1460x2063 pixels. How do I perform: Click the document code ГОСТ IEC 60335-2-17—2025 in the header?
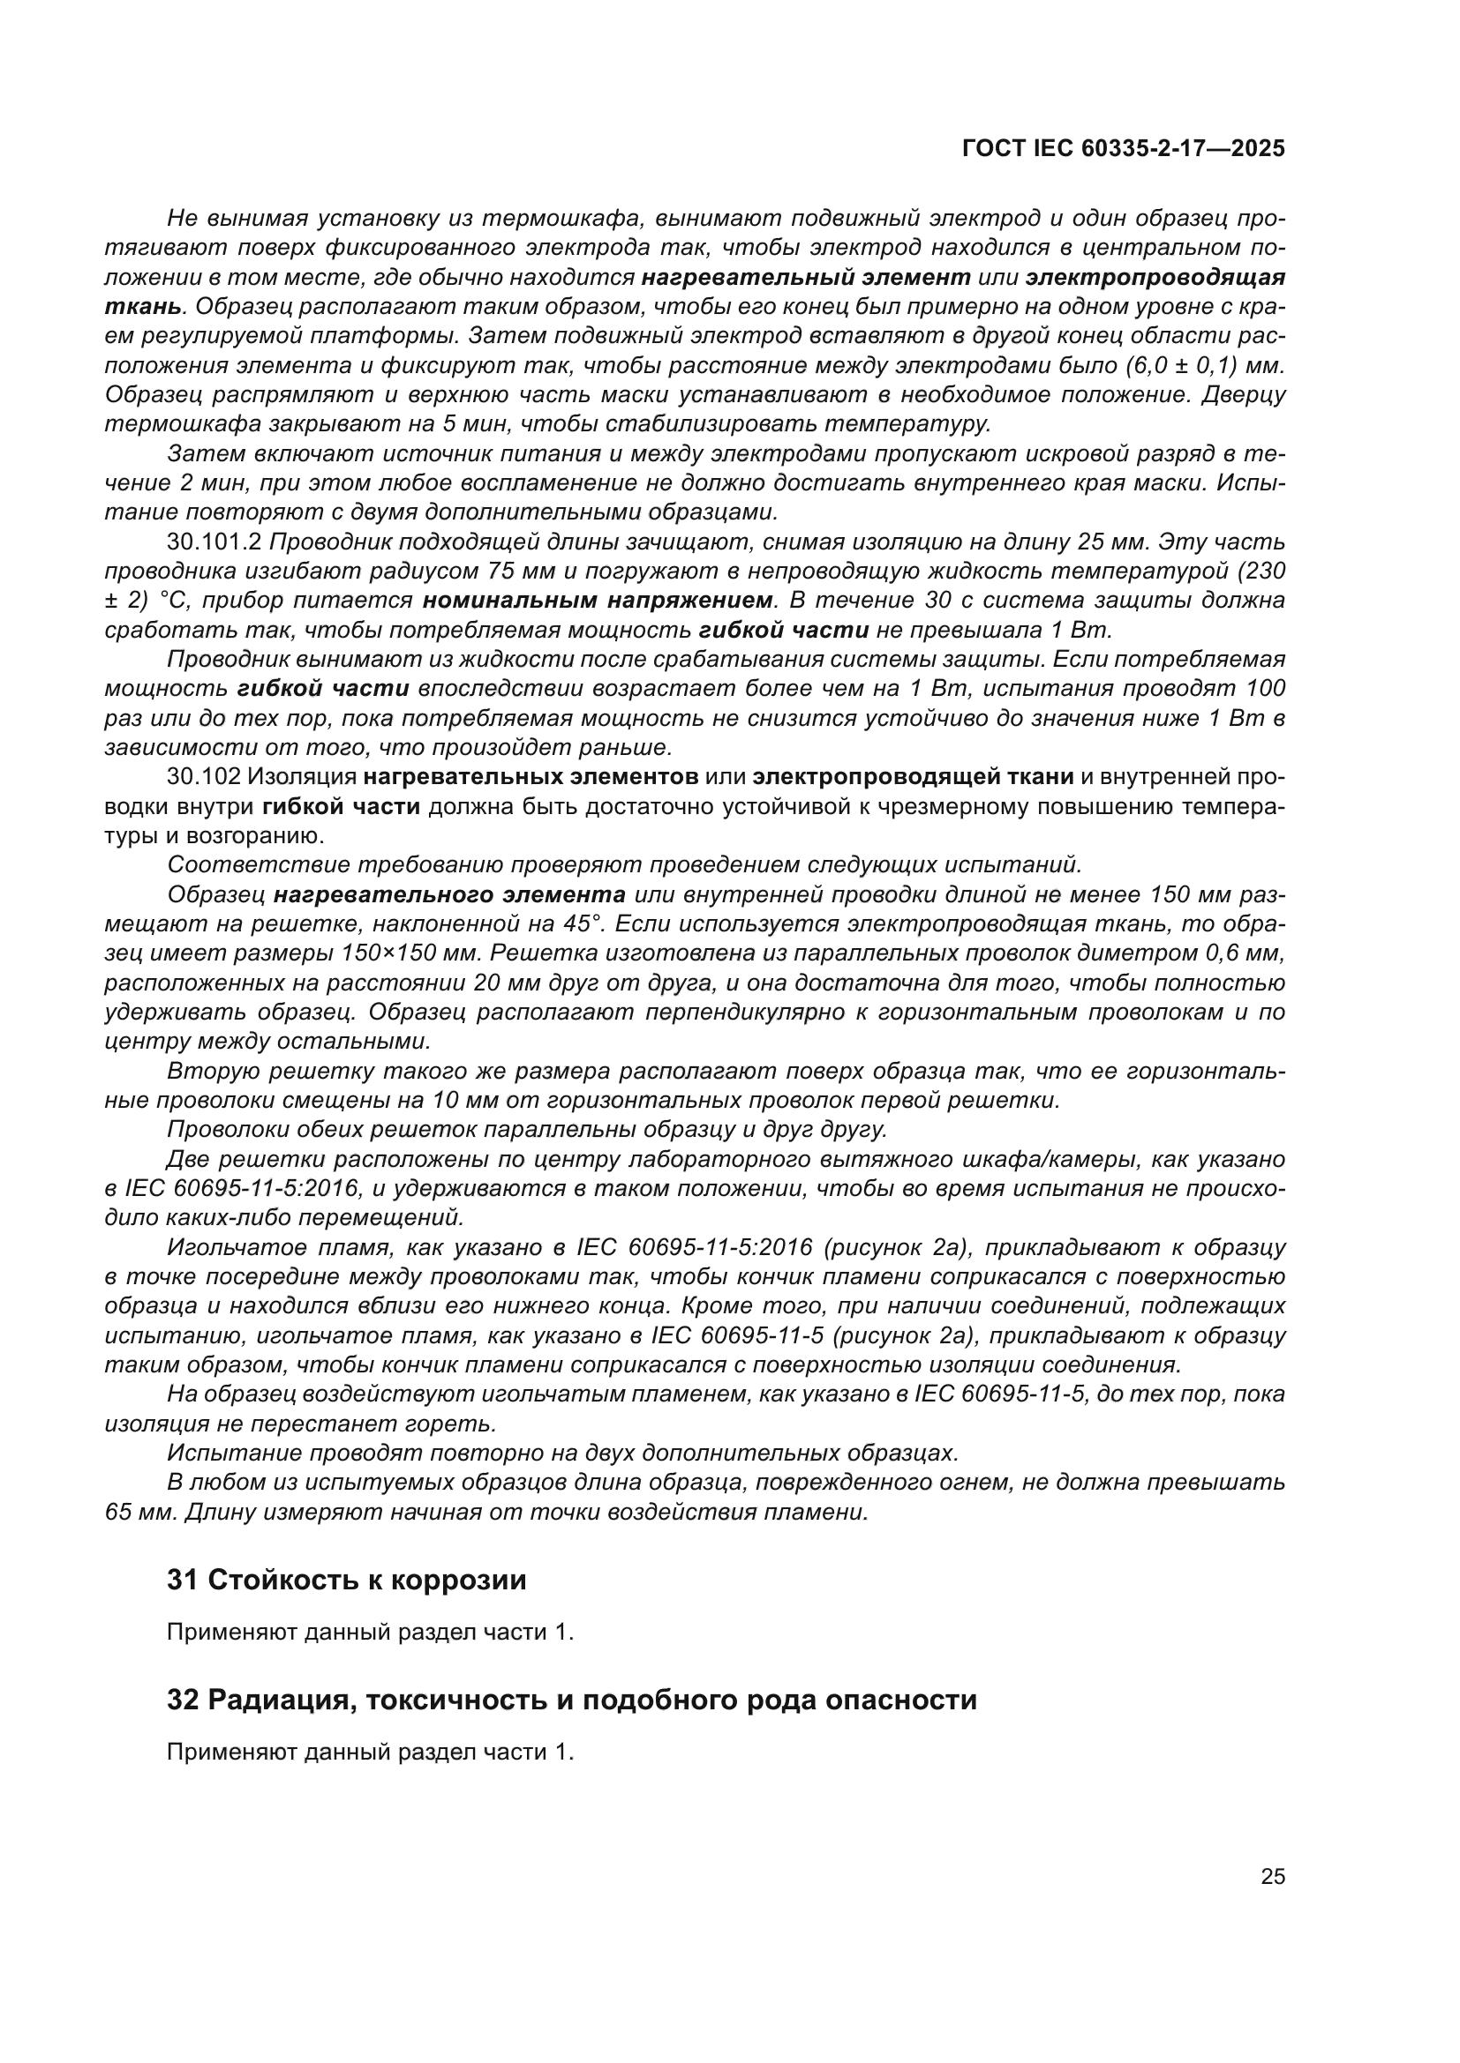[1123, 148]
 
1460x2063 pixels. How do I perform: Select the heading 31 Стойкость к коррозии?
[346, 1580]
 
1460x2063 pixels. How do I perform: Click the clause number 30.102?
[204, 776]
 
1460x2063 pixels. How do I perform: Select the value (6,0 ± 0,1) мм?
[1204, 366]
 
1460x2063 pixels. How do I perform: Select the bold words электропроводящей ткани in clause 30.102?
[913, 776]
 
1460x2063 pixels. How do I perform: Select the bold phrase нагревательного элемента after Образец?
[449, 895]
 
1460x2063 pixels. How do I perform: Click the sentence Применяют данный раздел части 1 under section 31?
[370, 1632]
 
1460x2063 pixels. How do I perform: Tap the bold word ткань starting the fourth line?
[143, 306]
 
